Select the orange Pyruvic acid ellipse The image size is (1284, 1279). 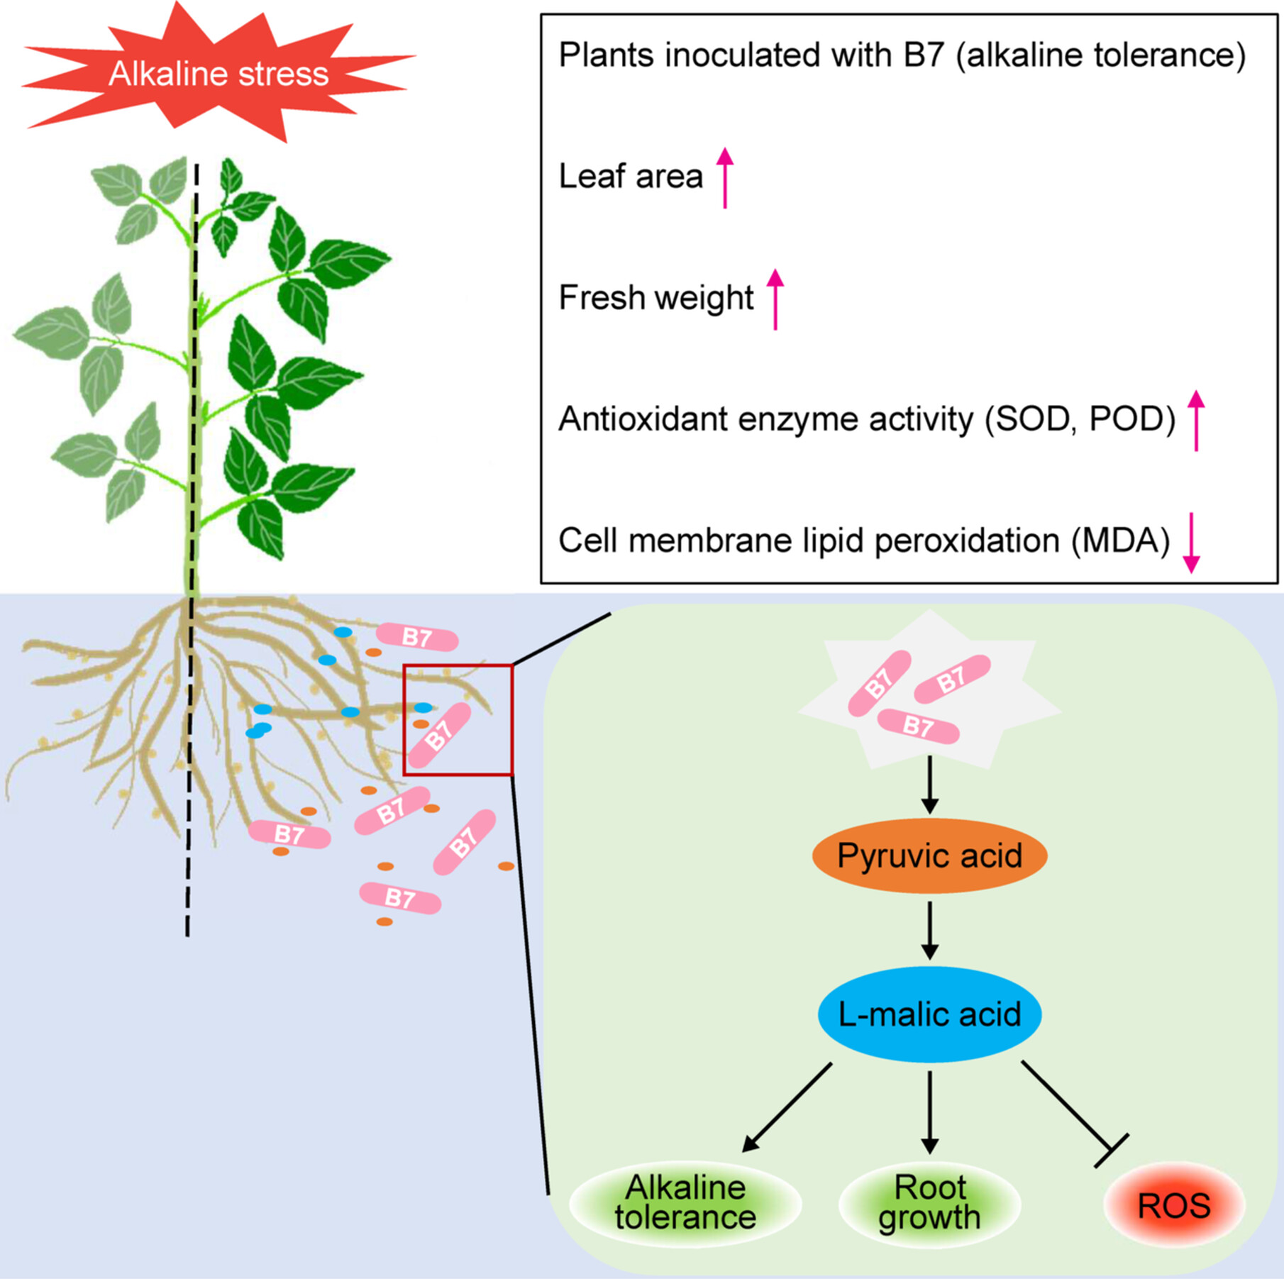tap(929, 856)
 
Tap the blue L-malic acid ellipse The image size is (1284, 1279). tap(929, 1014)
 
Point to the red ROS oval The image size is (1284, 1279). tap(1174, 1205)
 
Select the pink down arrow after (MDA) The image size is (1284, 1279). tap(1192, 542)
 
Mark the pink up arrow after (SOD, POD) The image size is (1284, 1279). tap(1196, 420)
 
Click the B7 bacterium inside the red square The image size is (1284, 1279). tap(439, 735)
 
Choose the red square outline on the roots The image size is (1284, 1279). tap(511, 720)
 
